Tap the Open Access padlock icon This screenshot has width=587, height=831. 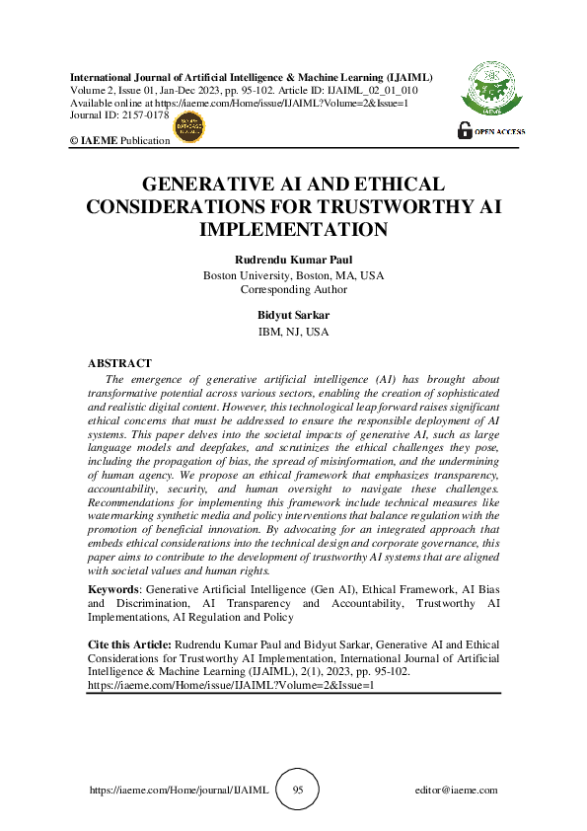(x=464, y=129)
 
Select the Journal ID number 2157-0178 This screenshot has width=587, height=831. (x=147, y=115)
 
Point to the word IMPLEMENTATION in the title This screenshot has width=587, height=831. (x=293, y=230)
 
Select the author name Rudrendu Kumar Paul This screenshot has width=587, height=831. (x=293, y=261)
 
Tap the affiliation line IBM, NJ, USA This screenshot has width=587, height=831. (x=293, y=332)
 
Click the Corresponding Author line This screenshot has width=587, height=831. (x=293, y=289)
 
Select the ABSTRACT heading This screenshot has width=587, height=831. (x=119, y=363)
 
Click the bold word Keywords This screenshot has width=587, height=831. (x=114, y=588)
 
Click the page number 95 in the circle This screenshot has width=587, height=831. (x=298, y=790)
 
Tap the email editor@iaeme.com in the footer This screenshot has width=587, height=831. (x=457, y=791)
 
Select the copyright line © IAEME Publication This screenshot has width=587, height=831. (x=119, y=141)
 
